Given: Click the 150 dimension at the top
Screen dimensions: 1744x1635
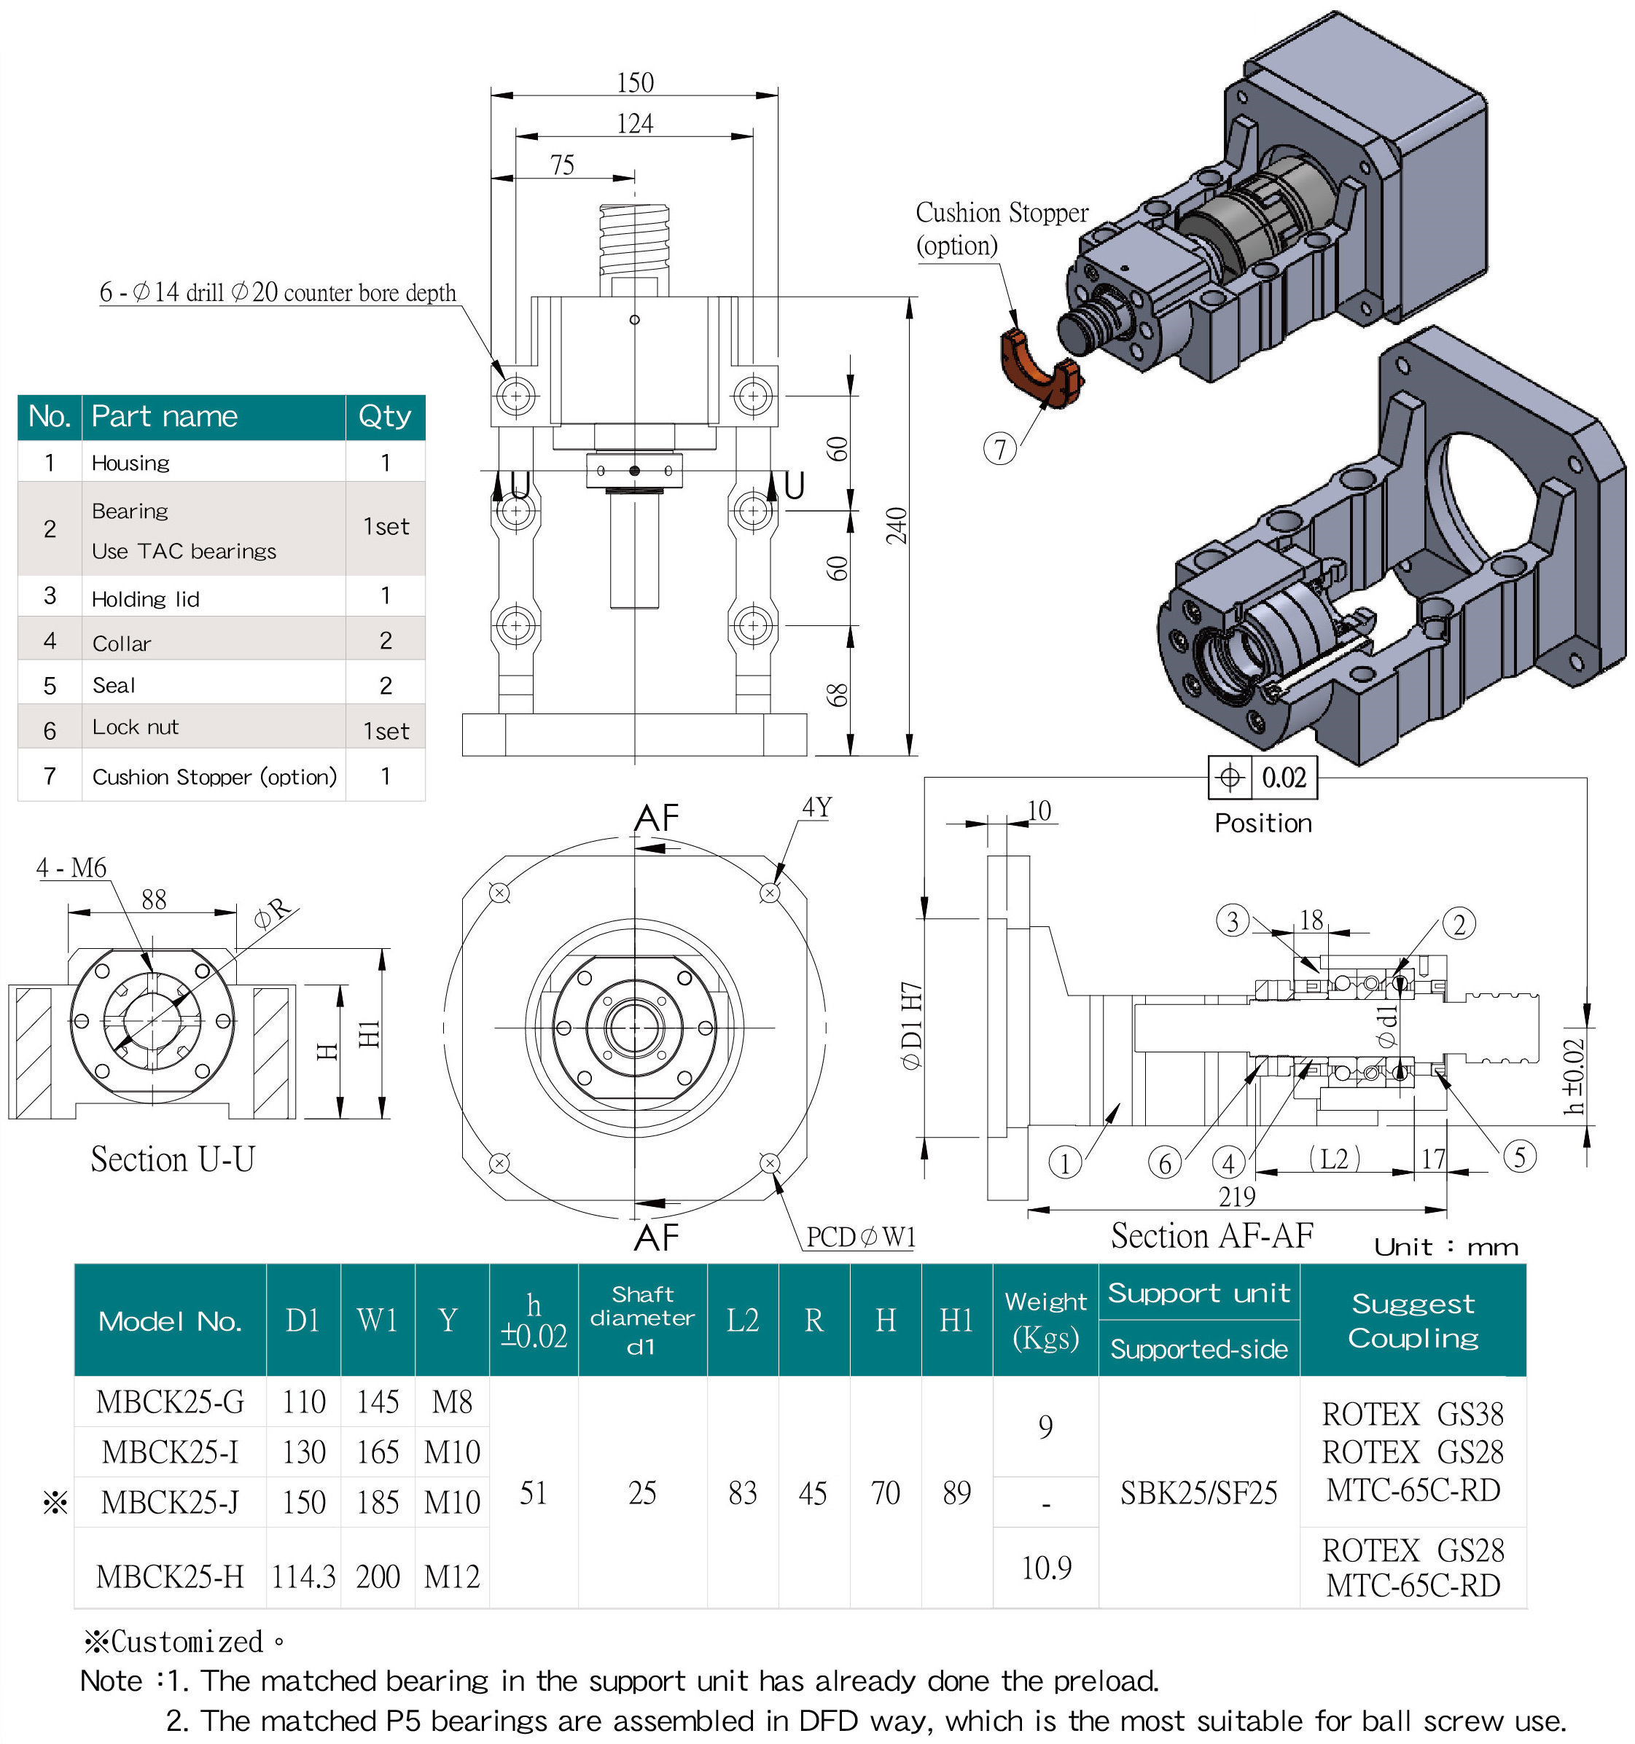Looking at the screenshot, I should click(634, 82).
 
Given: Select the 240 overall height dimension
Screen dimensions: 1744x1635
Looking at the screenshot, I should click(896, 525).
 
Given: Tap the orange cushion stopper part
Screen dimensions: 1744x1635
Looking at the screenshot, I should click(1039, 369).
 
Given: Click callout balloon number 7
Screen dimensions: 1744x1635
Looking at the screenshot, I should click(999, 449).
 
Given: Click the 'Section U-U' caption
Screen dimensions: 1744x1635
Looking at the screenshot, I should click(173, 1160).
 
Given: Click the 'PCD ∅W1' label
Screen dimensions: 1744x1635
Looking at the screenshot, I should click(860, 1237).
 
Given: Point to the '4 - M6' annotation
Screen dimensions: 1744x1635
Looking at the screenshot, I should click(71, 869).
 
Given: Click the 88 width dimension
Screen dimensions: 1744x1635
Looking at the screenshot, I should click(154, 899).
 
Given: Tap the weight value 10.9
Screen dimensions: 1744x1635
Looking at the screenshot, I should click(1045, 1568).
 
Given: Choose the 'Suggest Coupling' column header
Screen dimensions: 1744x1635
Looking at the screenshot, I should click(1412, 1321).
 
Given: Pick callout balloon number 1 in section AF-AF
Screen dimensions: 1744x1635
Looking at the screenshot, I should click(1064, 1163).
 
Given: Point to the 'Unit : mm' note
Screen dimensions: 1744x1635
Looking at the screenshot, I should click(1445, 1246).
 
